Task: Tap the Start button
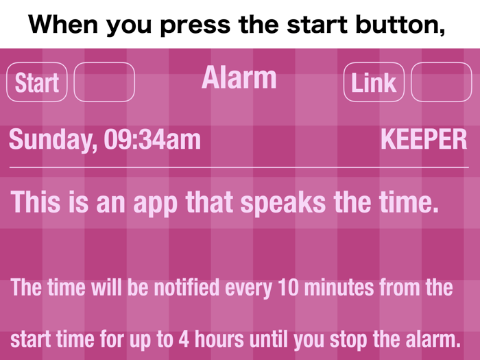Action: (36, 82)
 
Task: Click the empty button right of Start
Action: (104, 82)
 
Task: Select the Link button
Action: (374, 82)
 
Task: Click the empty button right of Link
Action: (442, 82)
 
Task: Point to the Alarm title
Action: (239, 78)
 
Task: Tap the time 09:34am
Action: (152, 140)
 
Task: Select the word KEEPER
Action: (424, 140)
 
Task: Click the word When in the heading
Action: (62, 25)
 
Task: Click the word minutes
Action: (337, 287)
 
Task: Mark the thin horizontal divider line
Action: (239, 167)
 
